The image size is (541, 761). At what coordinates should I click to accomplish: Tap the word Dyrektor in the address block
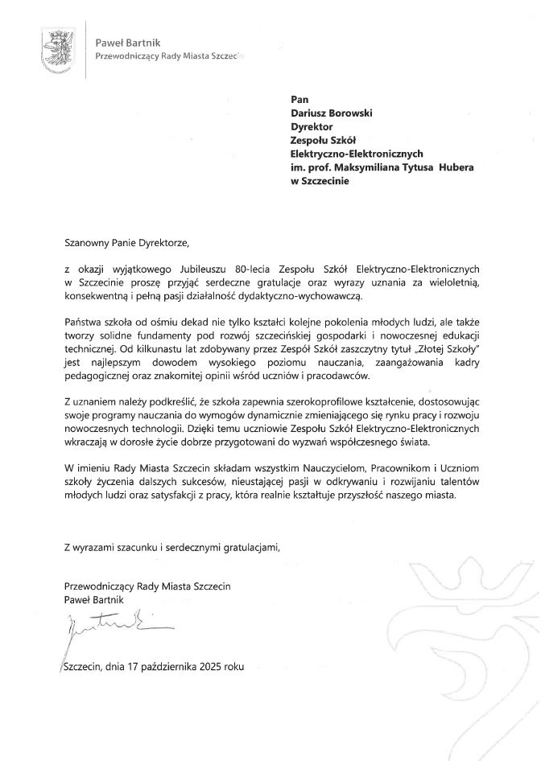click(x=312, y=126)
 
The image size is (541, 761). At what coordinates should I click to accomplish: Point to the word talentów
click(x=458, y=482)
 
